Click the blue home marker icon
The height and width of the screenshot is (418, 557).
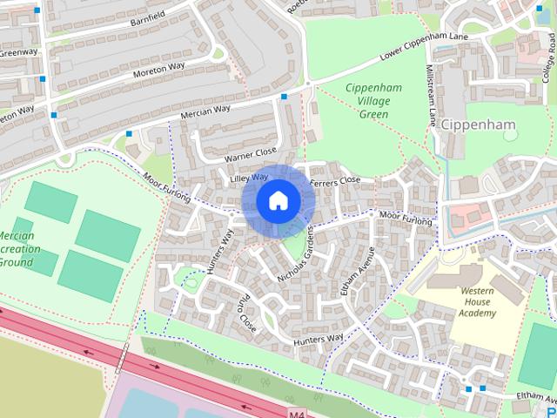tap(278, 200)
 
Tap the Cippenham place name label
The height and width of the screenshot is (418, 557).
tap(478, 125)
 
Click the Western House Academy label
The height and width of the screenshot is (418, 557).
tap(478, 302)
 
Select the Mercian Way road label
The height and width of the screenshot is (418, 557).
tap(205, 111)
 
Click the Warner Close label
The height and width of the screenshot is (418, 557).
tap(250, 155)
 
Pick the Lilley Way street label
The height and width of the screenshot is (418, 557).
tap(249, 178)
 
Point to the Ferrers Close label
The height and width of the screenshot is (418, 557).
tap(335, 180)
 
